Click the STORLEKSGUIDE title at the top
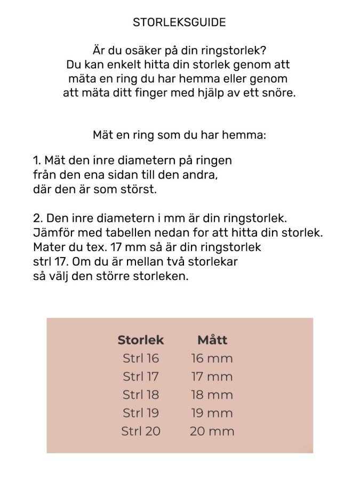[179, 22]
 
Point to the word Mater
[48, 248]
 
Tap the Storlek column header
[140, 340]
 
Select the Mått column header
[212, 340]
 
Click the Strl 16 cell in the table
[141, 358]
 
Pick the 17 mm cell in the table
[212, 377]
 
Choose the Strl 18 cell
[141, 395]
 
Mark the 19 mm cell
[212, 413]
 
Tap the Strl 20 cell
[141, 431]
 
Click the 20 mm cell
[212, 431]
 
